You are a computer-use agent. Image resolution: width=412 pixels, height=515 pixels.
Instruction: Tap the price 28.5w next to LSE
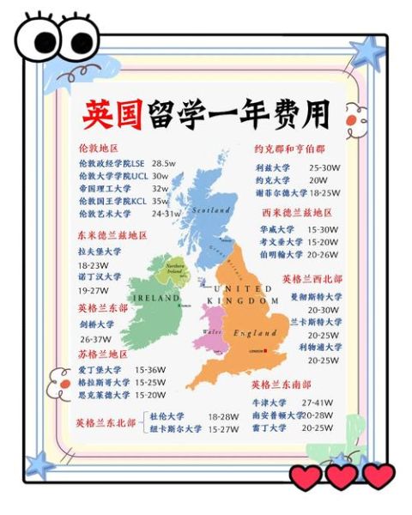164,162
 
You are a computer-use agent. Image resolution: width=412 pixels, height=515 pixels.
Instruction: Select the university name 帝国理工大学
105,188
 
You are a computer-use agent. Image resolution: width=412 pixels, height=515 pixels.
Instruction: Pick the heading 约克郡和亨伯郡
289,148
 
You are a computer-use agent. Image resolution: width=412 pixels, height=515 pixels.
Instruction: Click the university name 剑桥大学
95,325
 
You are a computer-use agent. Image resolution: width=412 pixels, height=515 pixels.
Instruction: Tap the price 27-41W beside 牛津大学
318,402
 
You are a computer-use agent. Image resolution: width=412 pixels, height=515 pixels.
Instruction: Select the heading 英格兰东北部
106,422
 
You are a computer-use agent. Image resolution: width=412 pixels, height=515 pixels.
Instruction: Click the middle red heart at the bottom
341,476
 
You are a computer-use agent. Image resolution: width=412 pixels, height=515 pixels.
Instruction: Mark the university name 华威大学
276,229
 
